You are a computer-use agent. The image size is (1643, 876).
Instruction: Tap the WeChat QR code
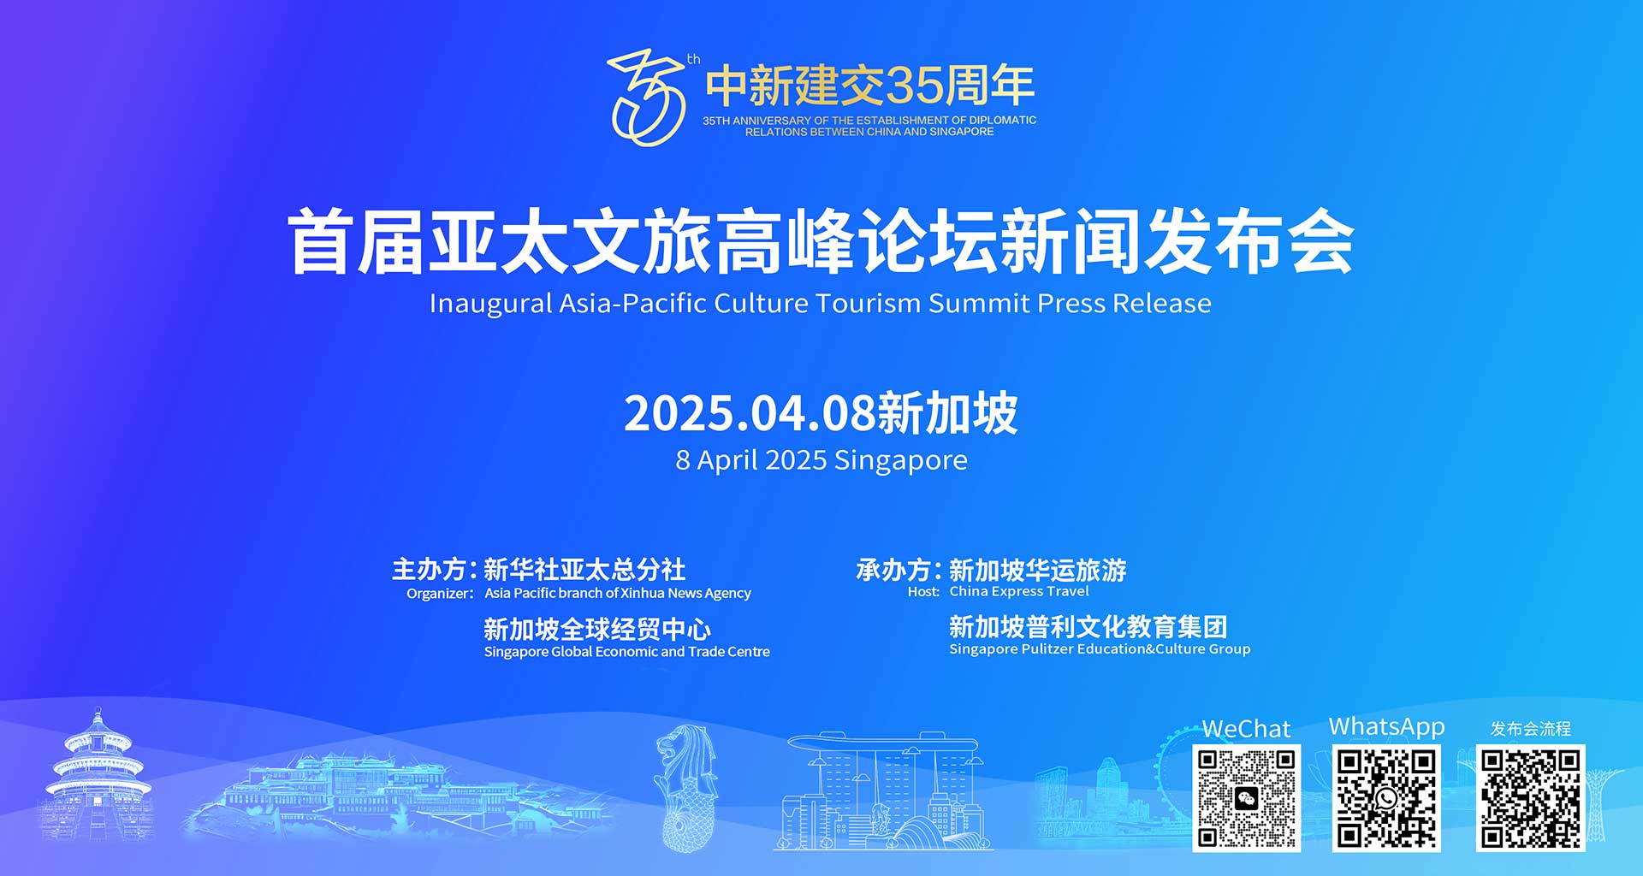pos(1246,798)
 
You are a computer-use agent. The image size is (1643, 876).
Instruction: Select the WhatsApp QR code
pos(1386,798)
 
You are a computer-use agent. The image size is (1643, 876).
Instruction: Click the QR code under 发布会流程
pos(1531,798)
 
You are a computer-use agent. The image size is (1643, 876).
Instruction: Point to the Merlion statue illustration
pos(685,787)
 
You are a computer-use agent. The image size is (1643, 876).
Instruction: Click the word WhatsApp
pos(1386,727)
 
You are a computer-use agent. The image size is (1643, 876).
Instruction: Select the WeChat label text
pos(1246,729)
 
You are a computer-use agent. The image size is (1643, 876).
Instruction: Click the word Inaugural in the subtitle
pos(490,304)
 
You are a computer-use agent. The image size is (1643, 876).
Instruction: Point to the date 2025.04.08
pos(750,413)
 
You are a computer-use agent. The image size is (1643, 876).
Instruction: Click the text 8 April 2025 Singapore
pos(821,460)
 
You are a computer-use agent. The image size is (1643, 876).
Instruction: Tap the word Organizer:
pos(440,594)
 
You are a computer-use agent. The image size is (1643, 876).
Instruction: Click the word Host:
pos(923,592)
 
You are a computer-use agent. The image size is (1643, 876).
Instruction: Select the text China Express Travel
pos(1019,591)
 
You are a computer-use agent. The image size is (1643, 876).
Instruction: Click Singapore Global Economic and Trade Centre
pos(627,652)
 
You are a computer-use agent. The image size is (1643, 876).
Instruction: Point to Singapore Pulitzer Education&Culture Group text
pos(1100,649)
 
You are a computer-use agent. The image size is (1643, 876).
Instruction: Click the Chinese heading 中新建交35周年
pos(870,85)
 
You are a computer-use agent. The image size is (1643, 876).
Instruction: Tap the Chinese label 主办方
pos(429,570)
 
